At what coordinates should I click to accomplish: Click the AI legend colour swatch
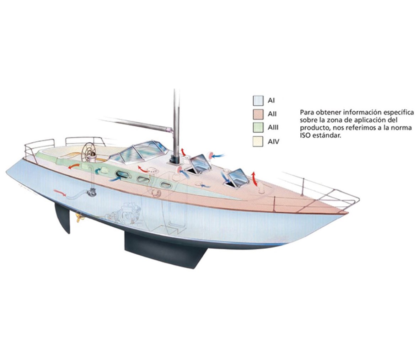[x=258, y=101]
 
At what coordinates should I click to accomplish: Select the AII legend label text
[x=272, y=114]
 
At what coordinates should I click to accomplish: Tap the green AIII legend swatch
[x=258, y=128]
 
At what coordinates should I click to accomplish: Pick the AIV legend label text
[x=274, y=142]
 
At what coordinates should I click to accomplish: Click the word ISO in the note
[x=305, y=136]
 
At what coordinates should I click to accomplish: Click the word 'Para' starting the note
[x=306, y=112]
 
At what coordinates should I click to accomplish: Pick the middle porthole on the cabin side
[x=144, y=179]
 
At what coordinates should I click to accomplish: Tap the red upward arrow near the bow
[x=254, y=178]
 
